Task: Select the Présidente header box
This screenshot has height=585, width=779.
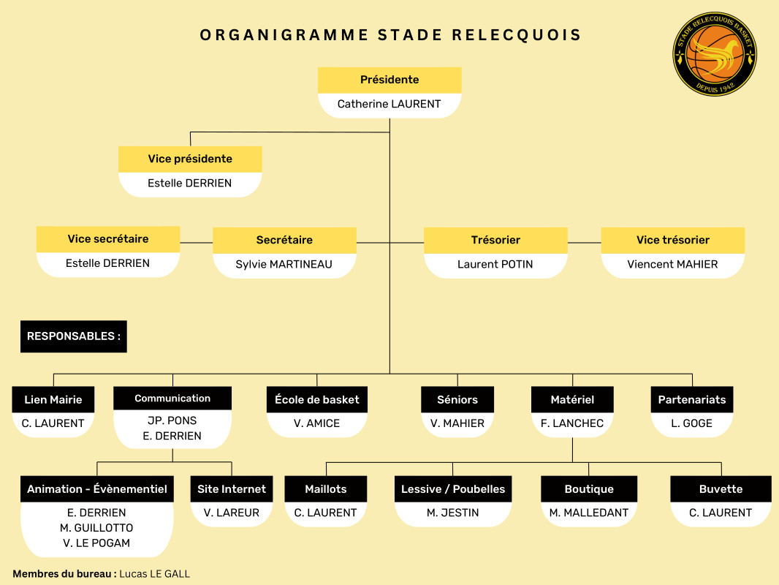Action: [x=389, y=80]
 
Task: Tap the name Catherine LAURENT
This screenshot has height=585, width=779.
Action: [x=389, y=105]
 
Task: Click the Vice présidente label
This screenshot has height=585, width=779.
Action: [x=190, y=159]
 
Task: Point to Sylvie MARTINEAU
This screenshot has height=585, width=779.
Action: [x=284, y=264]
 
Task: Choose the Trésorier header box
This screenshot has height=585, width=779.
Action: [x=495, y=240]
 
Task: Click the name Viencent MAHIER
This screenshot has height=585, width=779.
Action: [x=672, y=264]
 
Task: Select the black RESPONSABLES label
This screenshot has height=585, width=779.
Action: [x=73, y=336]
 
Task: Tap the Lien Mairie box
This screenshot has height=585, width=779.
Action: [x=53, y=399]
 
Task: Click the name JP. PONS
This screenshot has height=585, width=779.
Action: [x=172, y=420]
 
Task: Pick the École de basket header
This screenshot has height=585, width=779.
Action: [x=317, y=399]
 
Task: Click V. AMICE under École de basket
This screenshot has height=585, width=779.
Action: [x=317, y=423]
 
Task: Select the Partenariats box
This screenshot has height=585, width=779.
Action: [x=692, y=399]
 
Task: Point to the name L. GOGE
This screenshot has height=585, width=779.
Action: [x=692, y=423]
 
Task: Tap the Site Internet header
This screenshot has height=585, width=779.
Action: [x=232, y=489]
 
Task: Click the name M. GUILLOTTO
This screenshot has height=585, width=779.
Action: [x=96, y=528]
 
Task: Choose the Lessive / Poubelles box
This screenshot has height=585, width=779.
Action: [x=453, y=489]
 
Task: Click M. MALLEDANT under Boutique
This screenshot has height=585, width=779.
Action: [x=589, y=513]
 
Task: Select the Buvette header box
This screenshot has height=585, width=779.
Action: [x=721, y=489]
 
